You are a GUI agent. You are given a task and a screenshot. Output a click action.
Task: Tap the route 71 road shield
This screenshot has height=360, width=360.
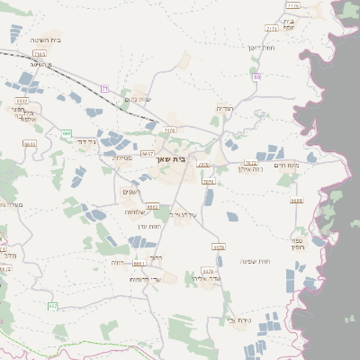click(x=104, y=88)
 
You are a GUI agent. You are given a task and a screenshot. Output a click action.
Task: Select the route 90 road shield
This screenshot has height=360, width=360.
click(x=256, y=76)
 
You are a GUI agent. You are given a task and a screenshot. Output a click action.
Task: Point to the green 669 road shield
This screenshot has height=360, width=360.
click(x=67, y=133)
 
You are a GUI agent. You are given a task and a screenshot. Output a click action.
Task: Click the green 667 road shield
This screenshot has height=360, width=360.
click(x=53, y=306)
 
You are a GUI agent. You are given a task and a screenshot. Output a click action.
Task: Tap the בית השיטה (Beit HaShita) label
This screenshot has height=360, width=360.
click(x=42, y=40)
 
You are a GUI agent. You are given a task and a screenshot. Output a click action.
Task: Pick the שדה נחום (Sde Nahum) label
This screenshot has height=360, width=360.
click(x=137, y=98)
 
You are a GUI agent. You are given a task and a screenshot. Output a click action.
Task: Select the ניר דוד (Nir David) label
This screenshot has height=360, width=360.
click(x=84, y=141)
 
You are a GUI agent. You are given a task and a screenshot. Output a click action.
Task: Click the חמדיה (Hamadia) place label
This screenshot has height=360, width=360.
click(x=225, y=108)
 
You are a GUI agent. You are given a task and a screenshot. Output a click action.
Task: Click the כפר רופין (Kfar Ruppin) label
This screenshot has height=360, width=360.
click(x=298, y=243)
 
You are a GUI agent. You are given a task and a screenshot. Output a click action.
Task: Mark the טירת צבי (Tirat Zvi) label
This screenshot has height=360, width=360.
click(x=238, y=319)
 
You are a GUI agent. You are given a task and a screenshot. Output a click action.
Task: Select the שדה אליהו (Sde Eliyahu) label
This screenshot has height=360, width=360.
click(x=207, y=279)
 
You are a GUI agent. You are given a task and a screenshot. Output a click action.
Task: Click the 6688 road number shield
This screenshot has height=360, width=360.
click(x=297, y=201)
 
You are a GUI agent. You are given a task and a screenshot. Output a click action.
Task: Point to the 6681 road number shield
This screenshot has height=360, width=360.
click(x=139, y=264)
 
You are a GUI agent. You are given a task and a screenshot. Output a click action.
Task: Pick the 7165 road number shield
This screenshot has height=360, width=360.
click(x=39, y=54)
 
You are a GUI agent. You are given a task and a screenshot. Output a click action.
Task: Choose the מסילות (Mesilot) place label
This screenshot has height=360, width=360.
click(x=124, y=157)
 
